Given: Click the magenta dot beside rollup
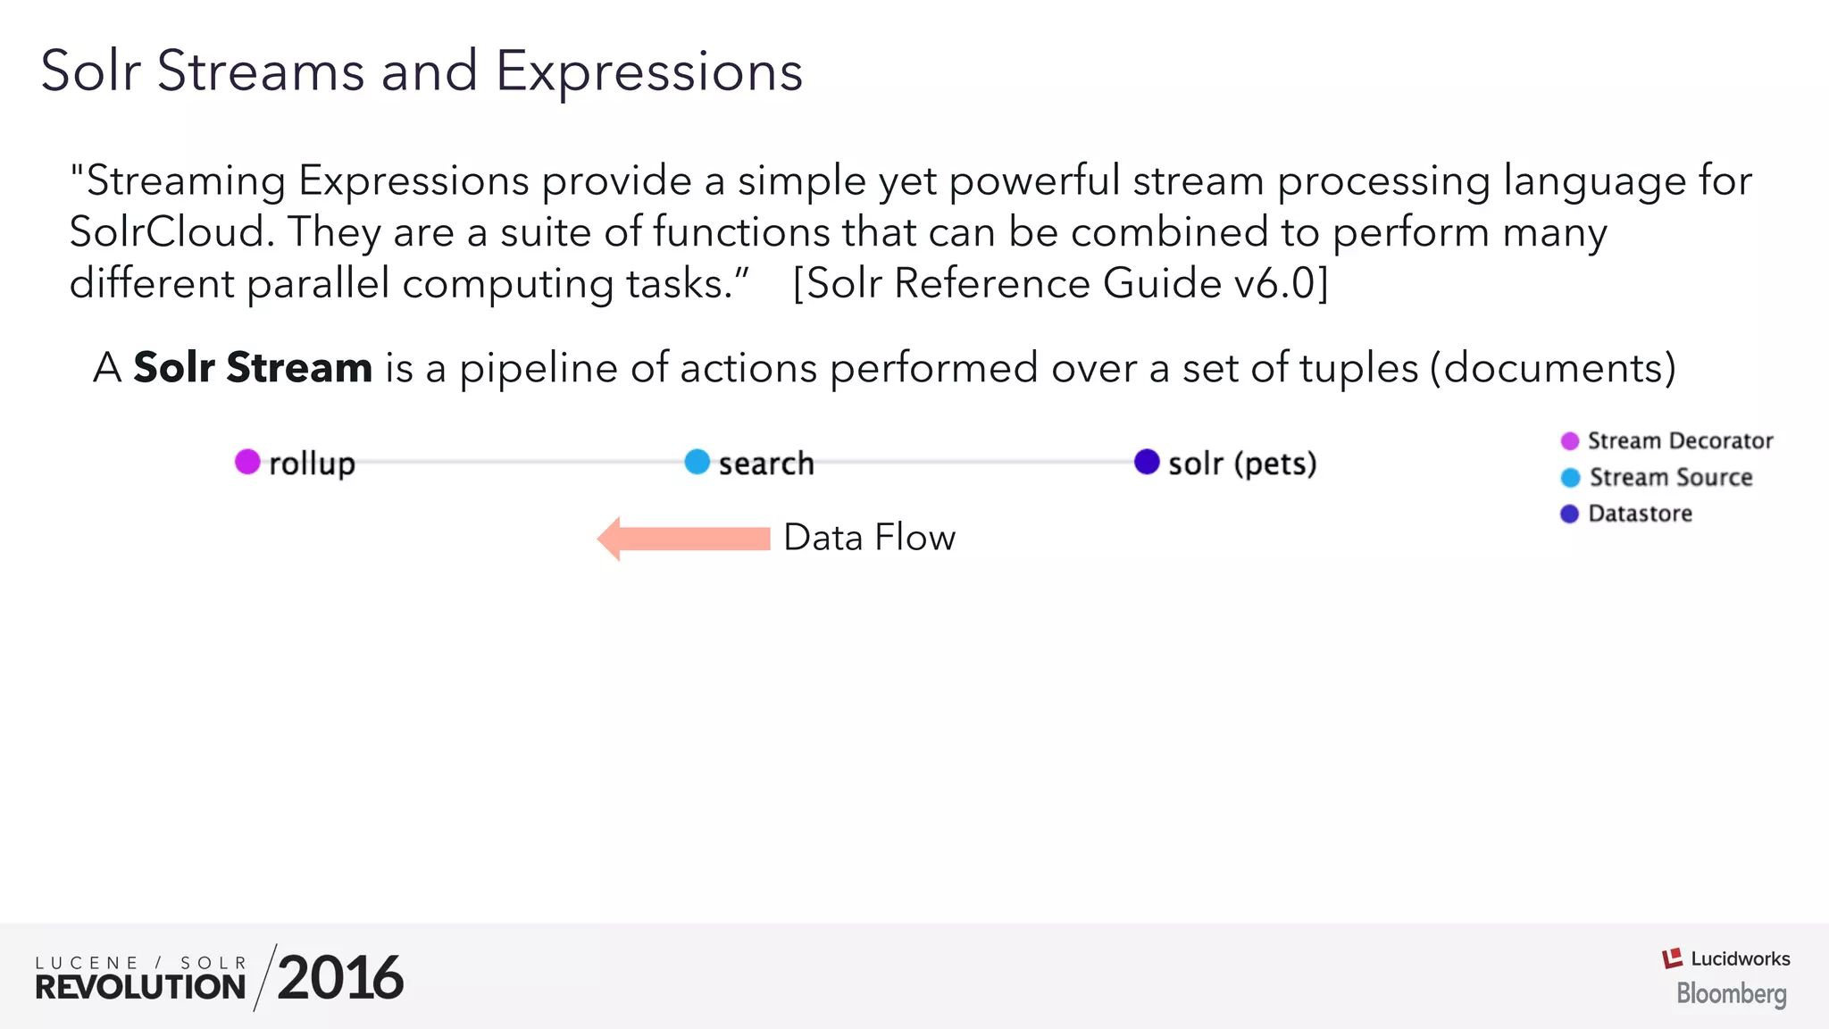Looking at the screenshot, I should tap(247, 462).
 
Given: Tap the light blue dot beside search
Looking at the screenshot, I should tap(697, 462).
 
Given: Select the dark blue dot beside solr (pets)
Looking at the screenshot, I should tap(1147, 462).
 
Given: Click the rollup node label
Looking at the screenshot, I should tap(312, 464).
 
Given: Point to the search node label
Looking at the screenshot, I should tap(766, 464).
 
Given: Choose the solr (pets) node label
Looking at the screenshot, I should tap(1242, 464).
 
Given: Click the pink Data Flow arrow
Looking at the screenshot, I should tap(684, 539).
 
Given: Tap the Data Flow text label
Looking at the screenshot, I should tap(869, 538).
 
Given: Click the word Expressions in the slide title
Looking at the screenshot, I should tap(649, 71).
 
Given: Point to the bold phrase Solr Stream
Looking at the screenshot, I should tap(253, 367).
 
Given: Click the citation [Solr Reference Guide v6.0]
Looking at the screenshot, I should tap(1060, 284).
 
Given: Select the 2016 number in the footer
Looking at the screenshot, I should tap(339, 978).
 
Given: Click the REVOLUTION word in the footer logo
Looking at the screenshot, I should tap(140, 987).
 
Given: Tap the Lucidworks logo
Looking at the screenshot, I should tap(1725, 958).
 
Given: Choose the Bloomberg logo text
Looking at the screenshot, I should tap(1731, 993).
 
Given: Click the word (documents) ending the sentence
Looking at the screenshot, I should tap(1552, 368).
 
